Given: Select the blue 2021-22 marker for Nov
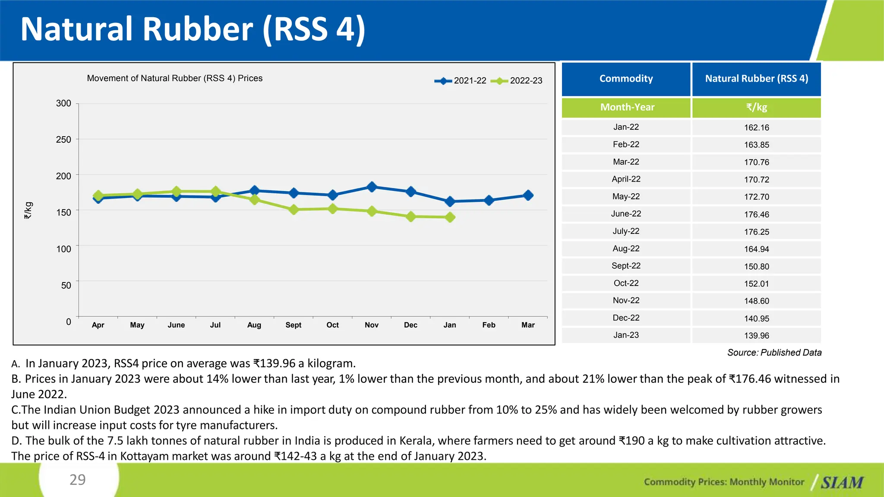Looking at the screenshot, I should [x=372, y=187].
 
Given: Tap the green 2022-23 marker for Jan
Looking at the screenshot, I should [x=450, y=217].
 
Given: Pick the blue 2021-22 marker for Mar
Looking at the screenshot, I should [x=528, y=195].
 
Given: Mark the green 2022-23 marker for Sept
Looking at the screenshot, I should [x=294, y=210].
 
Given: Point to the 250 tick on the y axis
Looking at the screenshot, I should [x=63, y=140].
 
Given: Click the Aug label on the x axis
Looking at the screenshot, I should [x=254, y=325].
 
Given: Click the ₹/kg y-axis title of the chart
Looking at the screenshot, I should [x=28, y=211].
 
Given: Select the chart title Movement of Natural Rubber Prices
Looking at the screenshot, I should [x=174, y=79].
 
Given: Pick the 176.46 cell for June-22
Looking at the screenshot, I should [x=756, y=214].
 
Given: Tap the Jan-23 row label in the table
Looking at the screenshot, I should [x=626, y=335].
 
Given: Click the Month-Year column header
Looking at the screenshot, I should [x=627, y=107].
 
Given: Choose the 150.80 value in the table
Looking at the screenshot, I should [x=756, y=267].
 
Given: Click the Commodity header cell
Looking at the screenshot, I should [x=626, y=79].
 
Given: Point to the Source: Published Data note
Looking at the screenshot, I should [x=774, y=353].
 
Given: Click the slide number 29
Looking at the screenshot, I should [x=78, y=480].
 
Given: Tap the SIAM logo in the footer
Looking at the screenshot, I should [x=842, y=482].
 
